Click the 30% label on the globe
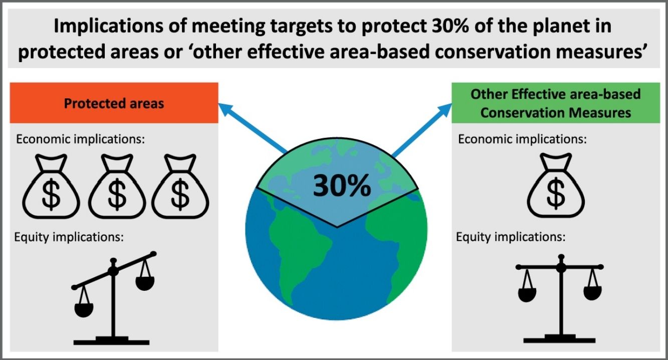tap(342, 186)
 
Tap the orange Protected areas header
tap(114, 103)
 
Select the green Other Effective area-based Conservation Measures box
tap(556, 103)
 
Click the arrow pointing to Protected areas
tap(253, 128)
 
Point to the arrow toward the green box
tap(422, 130)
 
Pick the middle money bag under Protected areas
tap(117, 186)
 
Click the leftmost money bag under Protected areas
tap(51, 186)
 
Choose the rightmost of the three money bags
tap(180, 186)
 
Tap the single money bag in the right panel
tap(556, 185)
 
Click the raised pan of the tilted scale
tap(145, 283)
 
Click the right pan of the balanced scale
tap(592, 293)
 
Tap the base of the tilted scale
tap(112, 340)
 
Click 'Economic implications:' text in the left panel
tap(80, 139)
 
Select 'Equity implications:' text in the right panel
tap(511, 237)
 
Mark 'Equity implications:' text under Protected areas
tap(69, 237)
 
